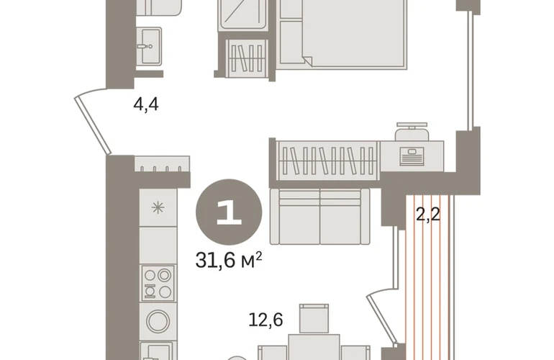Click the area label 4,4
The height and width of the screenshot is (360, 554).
[146, 104]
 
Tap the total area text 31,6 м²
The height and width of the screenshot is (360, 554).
[229, 260]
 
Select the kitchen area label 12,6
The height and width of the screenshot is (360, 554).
[265, 320]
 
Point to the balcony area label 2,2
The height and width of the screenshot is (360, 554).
[428, 214]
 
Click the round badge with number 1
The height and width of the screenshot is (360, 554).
[229, 212]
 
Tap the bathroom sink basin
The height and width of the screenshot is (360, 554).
[149, 46]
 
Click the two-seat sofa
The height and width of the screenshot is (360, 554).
[319, 217]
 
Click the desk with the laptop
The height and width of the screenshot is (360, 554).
[412, 156]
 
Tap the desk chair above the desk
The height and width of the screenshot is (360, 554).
[412, 132]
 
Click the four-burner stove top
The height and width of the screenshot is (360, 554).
[158, 283]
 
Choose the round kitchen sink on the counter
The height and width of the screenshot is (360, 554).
[158, 321]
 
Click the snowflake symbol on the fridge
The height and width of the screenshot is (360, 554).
[158, 207]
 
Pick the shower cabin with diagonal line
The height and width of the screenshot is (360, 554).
[242, 15]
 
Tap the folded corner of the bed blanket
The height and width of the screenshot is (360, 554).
[307, 60]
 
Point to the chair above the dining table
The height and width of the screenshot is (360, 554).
[314, 318]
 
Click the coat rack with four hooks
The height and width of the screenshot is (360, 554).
[162, 164]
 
